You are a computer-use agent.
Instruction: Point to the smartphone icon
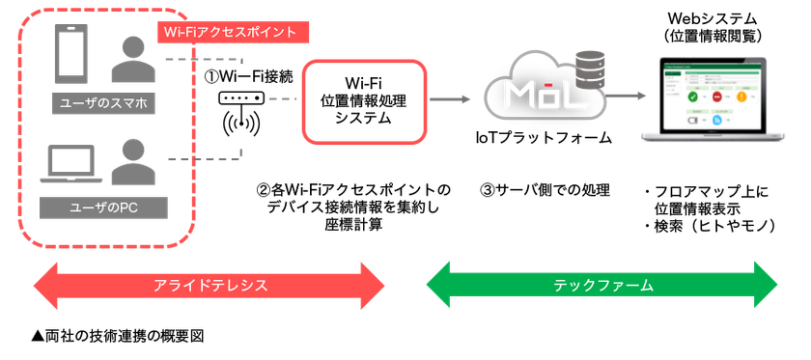click(x=73, y=56)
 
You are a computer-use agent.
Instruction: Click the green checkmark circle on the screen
click(x=692, y=97)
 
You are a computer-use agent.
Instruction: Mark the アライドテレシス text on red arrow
click(x=210, y=286)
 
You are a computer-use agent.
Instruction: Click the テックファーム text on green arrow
click(x=603, y=286)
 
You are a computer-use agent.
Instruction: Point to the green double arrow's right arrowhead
click(x=769, y=286)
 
